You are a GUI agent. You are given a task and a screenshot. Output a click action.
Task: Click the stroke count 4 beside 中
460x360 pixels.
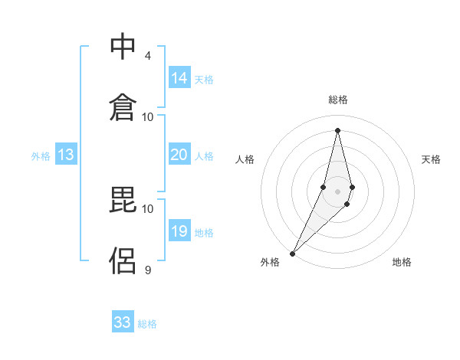click(x=148, y=56)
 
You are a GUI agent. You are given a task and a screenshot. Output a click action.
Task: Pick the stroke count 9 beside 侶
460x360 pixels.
click(x=148, y=270)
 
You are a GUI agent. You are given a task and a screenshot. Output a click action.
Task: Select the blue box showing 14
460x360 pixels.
click(x=179, y=78)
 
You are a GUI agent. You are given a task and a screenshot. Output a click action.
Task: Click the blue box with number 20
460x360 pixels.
click(x=179, y=155)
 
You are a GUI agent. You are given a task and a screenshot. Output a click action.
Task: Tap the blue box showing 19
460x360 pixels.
click(x=179, y=231)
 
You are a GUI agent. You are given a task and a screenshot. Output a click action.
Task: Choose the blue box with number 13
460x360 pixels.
click(x=66, y=155)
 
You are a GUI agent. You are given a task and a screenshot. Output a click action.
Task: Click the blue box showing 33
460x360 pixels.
click(x=123, y=322)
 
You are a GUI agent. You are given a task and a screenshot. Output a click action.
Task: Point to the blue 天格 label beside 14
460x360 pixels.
click(x=204, y=79)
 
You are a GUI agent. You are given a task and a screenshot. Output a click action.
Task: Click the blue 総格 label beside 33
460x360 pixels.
click(x=147, y=324)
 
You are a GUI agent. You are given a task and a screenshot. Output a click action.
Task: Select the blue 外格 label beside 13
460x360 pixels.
click(x=41, y=156)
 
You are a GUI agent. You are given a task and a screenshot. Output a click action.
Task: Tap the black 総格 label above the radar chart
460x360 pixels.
click(x=337, y=100)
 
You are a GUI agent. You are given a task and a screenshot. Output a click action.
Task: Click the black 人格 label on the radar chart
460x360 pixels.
click(x=245, y=159)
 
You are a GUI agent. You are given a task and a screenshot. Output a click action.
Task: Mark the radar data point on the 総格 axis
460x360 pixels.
click(x=337, y=130)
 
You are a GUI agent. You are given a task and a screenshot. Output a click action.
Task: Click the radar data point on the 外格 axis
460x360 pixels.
click(x=292, y=253)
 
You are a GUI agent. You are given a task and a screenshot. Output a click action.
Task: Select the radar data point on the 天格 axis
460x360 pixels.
click(x=352, y=188)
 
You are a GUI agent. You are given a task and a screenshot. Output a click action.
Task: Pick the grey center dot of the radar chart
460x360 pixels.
click(x=337, y=191)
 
